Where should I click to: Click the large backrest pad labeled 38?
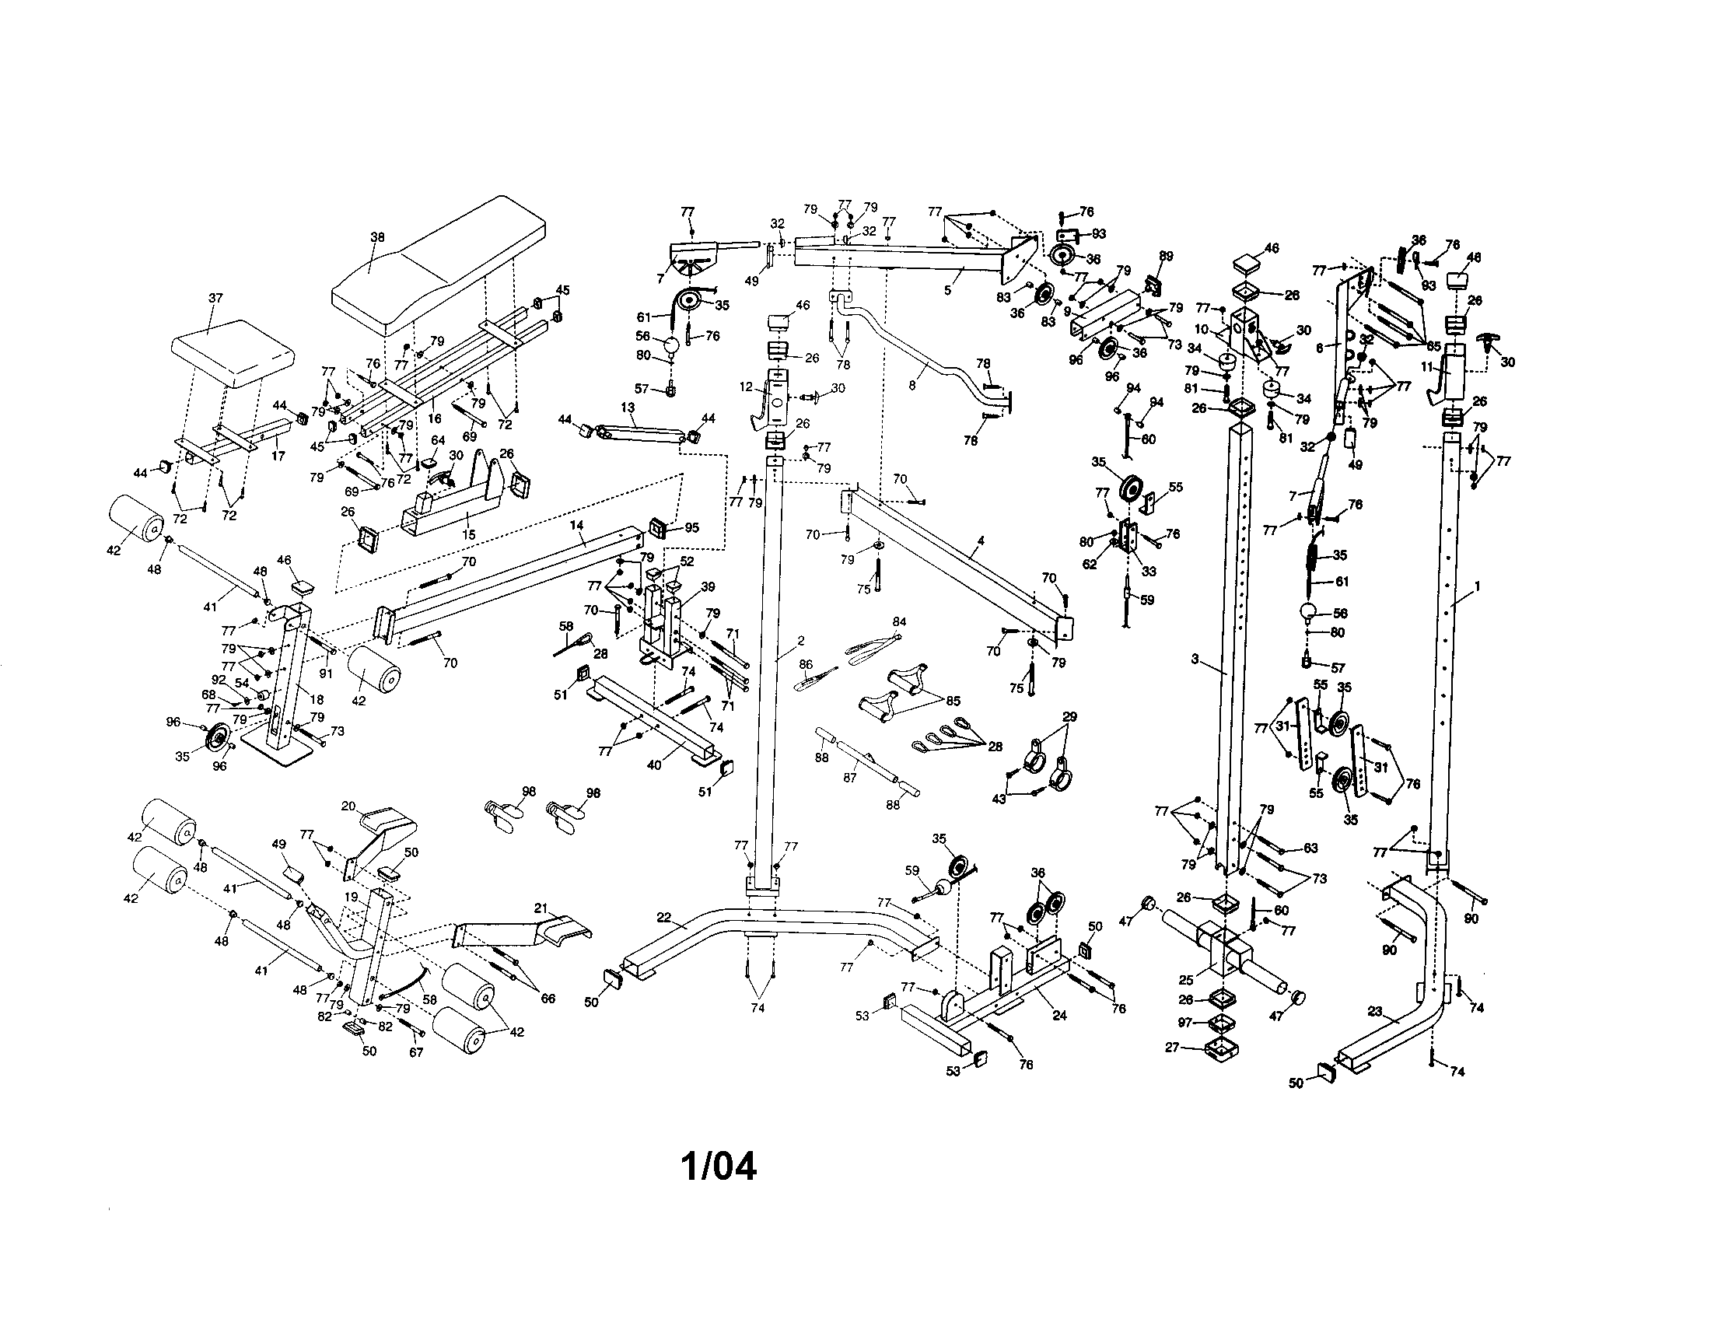pos(439,258)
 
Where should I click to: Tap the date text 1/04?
pos(719,1167)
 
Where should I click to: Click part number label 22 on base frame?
pos(664,918)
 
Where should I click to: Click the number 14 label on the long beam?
pos(576,523)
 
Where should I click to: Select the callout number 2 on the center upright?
pos(800,641)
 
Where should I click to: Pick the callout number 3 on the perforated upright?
pos(1195,659)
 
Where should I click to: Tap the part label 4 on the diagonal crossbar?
pos(981,541)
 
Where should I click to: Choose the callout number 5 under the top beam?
pos(947,290)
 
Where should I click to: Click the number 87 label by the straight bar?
pos(850,778)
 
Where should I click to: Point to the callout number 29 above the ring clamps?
pos(1069,716)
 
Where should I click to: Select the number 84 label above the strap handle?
pos(899,622)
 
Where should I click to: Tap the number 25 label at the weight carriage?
pos(1187,979)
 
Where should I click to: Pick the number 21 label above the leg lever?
pos(541,908)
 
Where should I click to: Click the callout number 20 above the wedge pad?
pos(348,806)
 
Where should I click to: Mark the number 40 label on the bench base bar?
pos(654,764)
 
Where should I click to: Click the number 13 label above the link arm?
pos(628,408)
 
